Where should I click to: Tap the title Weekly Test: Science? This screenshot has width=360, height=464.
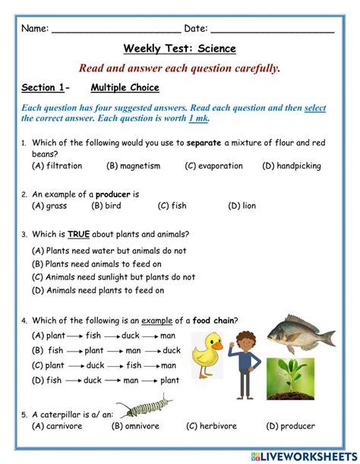180,49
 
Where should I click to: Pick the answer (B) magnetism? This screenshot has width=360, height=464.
134,166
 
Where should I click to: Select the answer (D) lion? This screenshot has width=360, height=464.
242,206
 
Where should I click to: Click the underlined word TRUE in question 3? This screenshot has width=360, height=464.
78,234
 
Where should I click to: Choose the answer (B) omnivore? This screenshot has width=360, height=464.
138,426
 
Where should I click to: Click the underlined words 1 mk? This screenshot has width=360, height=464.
198,118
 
